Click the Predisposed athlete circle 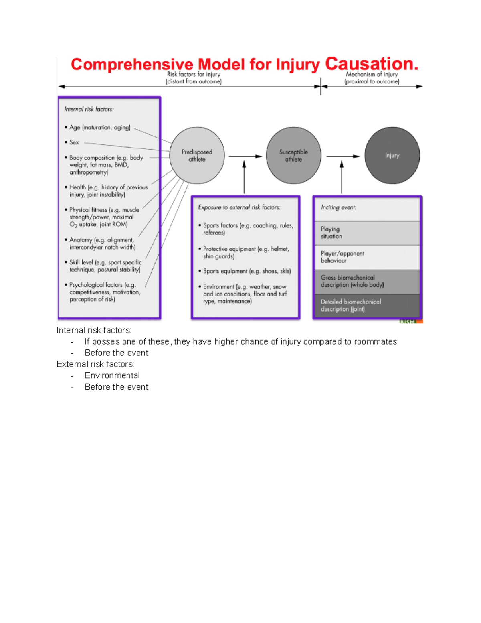click(x=197, y=156)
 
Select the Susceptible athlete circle click(x=293, y=156)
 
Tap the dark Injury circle click(x=392, y=156)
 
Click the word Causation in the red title click(x=371, y=64)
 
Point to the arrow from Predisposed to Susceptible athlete click(x=245, y=156)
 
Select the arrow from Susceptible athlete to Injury click(x=343, y=156)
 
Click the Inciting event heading click(x=338, y=207)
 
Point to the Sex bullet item click(x=74, y=142)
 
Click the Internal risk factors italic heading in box click(x=89, y=109)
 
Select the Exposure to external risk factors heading click(x=239, y=207)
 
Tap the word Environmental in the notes click(x=112, y=375)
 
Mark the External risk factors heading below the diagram click(x=95, y=364)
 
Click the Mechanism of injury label click(x=372, y=74)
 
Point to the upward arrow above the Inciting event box click(x=342, y=177)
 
